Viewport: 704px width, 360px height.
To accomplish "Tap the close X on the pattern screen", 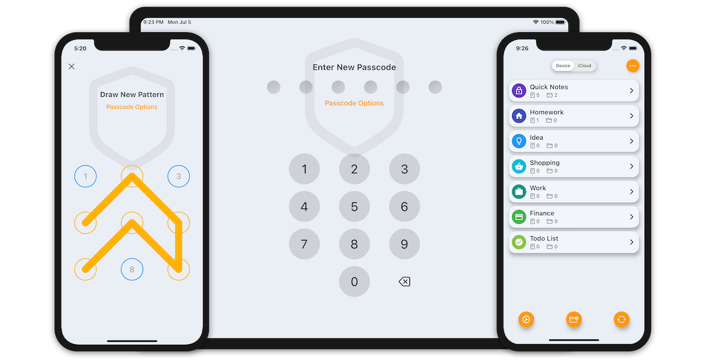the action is click(x=72, y=66).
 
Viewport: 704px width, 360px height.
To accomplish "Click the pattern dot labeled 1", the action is click(x=86, y=176).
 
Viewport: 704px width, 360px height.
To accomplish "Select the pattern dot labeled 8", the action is click(x=132, y=269).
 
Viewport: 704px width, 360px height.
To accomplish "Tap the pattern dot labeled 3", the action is click(x=178, y=176).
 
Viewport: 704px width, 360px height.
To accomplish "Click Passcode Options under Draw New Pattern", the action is click(x=131, y=107).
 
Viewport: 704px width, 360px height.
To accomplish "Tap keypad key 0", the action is click(x=354, y=281).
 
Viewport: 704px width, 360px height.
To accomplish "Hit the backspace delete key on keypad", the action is click(x=404, y=281).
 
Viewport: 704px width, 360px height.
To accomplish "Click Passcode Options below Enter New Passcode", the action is click(x=354, y=103).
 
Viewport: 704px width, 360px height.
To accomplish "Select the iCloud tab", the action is click(x=584, y=66).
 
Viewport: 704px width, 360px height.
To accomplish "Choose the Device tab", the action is click(x=563, y=66).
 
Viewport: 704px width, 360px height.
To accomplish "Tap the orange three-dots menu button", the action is click(x=632, y=66).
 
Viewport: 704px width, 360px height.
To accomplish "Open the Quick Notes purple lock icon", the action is click(x=519, y=91).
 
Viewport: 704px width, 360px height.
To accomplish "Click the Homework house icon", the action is click(x=519, y=116).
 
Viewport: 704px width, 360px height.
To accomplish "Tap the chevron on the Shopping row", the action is click(x=631, y=166).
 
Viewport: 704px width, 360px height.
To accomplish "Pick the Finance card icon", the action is click(x=519, y=217).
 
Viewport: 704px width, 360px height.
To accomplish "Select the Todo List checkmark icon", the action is click(x=519, y=242).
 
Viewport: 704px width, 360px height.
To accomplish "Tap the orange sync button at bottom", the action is click(x=621, y=320).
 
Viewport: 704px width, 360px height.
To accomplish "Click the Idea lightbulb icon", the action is click(x=519, y=141).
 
